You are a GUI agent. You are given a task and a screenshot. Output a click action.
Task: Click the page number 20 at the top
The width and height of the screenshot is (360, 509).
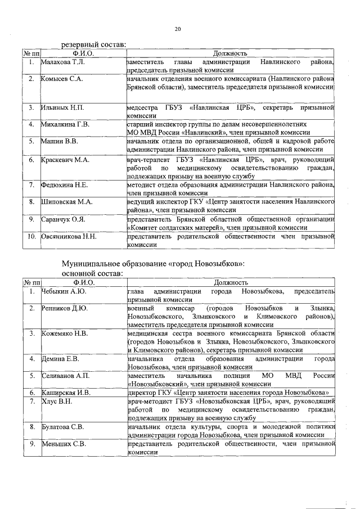[178, 29]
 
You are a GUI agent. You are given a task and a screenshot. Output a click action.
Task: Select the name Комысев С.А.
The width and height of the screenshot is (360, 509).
[62, 79]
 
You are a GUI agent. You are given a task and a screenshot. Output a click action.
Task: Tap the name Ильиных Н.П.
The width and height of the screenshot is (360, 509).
[62, 107]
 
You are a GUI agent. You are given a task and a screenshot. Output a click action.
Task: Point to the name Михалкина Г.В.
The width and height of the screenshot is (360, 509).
[65, 124]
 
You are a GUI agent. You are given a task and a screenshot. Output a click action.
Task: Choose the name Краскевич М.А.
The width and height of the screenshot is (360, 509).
[65, 160]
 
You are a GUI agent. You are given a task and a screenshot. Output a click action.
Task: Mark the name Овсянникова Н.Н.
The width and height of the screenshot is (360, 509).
[69, 237]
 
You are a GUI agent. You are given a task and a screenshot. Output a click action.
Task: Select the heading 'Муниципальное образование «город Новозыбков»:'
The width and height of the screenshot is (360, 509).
[152, 263]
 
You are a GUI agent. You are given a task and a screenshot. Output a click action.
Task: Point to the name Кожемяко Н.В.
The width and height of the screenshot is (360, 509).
[65, 334]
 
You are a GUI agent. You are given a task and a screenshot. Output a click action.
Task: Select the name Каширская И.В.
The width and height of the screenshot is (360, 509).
[66, 392]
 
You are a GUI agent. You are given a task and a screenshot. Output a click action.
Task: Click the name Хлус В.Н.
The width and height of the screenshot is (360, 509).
[57, 401]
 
